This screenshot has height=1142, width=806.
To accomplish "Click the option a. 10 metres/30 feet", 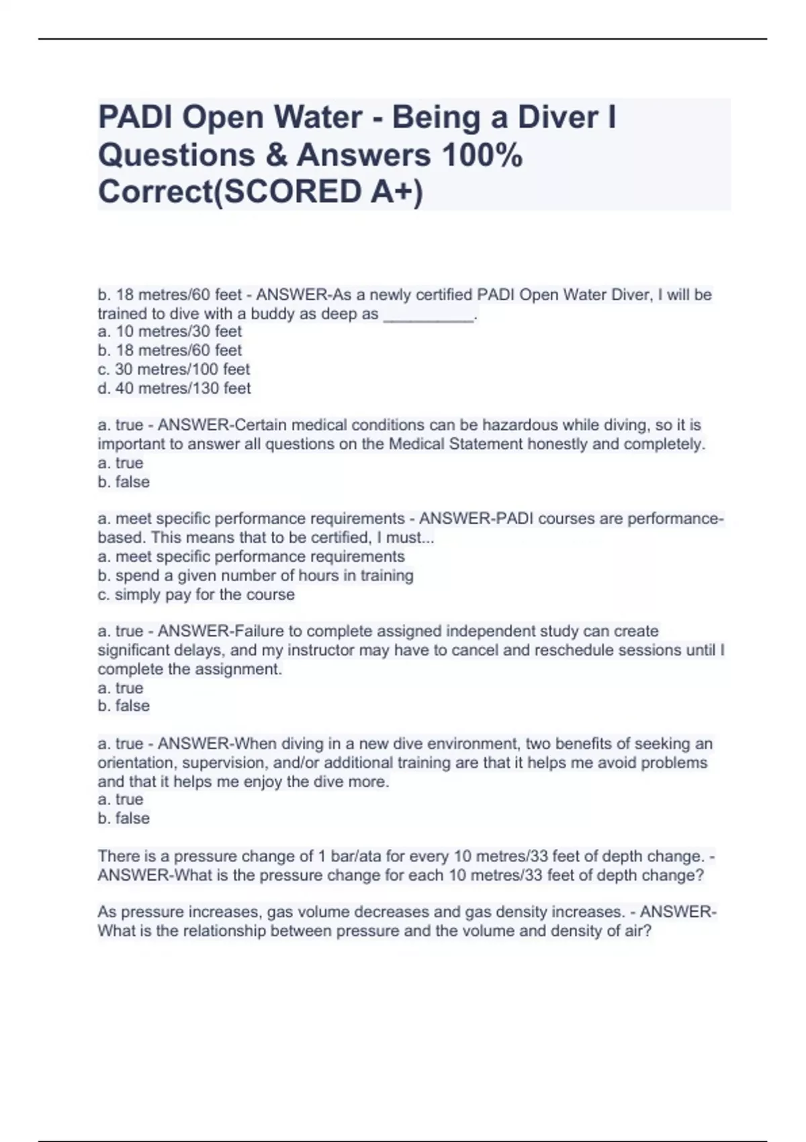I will pyautogui.click(x=169, y=331).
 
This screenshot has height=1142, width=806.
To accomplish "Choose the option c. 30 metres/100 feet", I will pyautogui.click(x=173, y=369).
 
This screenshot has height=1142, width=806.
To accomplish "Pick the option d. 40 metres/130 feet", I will pyautogui.click(x=174, y=388).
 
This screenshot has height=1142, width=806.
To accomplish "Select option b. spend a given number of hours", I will pyautogui.click(x=255, y=575).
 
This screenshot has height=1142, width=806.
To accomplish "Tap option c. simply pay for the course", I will pyautogui.click(x=196, y=595).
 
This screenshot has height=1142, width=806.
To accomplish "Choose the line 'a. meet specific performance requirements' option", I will pyautogui.click(x=251, y=556).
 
